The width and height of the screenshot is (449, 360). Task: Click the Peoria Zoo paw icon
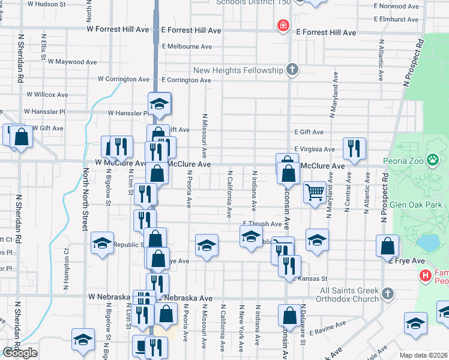click(x=433, y=160)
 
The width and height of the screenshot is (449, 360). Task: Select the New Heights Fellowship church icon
click(x=292, y=70)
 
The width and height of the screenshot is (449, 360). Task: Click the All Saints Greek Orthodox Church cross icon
click(x=388, y=293)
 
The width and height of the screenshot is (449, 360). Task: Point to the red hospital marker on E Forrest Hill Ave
click(x=282, y=26)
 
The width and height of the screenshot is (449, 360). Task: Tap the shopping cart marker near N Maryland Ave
click(x=315, y=193)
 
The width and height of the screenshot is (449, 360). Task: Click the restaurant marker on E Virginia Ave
click(x=354, y=148)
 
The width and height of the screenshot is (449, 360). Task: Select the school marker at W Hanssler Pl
click(x=160, y=103)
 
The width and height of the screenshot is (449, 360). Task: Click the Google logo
click(x=20, y=353)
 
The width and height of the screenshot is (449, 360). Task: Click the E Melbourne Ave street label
click(x=187, y=46)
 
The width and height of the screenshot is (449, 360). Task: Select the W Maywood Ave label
click(x=74, y=61)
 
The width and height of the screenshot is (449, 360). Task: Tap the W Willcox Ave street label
click(x=47, y=95)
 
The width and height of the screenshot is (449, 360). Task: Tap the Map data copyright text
click(x=423, y=355)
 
